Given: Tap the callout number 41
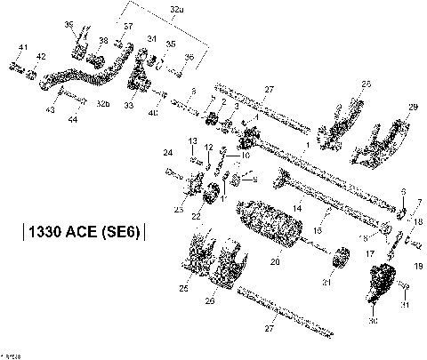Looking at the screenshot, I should (x=24, y=46).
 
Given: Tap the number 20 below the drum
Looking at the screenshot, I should (x=275, y=262).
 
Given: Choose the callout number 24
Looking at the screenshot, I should (x=167, y=153).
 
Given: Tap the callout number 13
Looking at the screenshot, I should (x=192, y=141).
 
